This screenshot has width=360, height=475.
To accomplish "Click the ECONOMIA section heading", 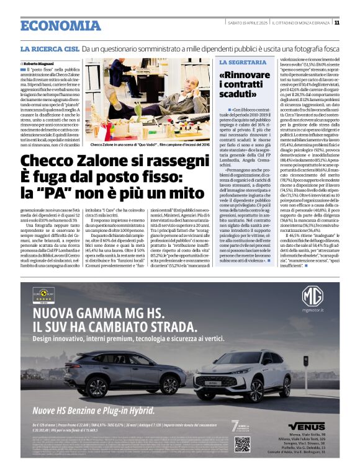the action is [52, 25].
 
